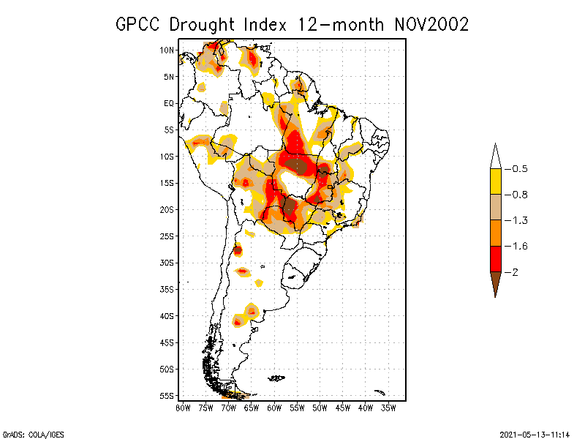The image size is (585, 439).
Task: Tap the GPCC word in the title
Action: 139,23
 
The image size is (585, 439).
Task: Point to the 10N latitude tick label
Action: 167,50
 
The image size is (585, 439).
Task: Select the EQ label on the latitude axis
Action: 169,103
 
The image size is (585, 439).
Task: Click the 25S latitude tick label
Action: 167,236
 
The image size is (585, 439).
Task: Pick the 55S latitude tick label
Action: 167,395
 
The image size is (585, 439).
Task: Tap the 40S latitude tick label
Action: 167,315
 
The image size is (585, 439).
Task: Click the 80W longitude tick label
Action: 183,407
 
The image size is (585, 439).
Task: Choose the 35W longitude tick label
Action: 388,407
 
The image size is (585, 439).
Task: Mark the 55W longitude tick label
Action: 297,407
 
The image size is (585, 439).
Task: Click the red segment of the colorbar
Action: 495,259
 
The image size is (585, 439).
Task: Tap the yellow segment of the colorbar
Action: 495,181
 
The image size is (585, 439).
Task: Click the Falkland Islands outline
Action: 276,378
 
